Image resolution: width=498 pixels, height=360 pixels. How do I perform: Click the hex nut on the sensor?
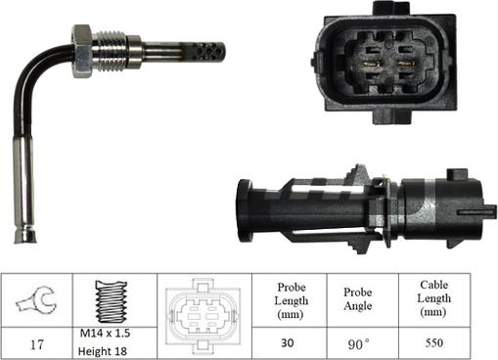coord(82,51)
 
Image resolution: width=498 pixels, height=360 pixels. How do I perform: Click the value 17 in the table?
coord(36,344)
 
